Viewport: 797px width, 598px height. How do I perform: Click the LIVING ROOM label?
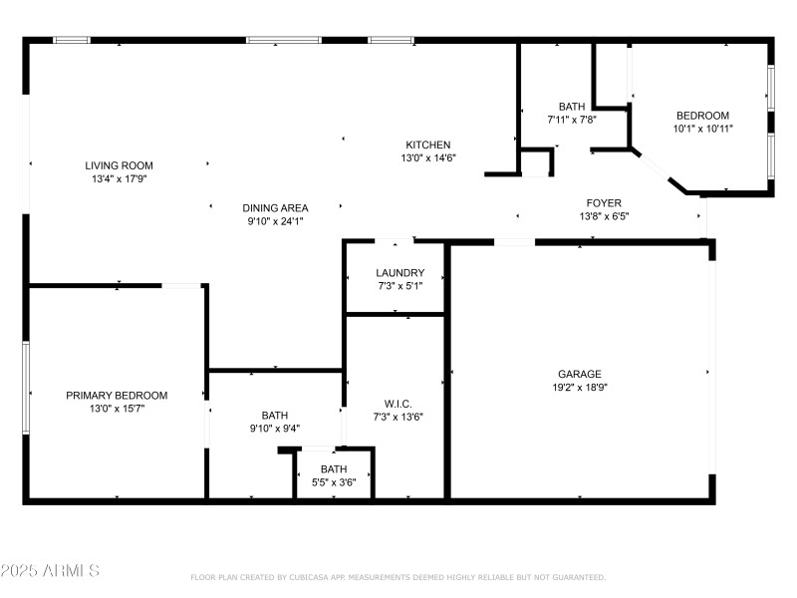[119, 165]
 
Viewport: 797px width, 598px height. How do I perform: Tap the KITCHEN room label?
[427, 145]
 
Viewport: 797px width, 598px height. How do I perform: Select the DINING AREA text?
[275, 208]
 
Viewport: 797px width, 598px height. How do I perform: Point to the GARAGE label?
[579, 374]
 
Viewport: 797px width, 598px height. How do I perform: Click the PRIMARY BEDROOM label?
[117, 395]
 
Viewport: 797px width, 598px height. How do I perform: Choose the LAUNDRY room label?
[399, 273]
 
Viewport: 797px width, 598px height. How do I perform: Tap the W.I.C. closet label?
[398, 404]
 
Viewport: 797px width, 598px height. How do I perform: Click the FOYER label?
[604, 203]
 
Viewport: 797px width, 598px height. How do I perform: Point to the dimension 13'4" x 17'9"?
[119, 178]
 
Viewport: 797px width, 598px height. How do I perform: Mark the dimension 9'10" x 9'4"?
[275, 429]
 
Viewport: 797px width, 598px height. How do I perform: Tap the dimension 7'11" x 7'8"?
[572, 119]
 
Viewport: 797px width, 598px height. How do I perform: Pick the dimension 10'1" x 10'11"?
[702, 128]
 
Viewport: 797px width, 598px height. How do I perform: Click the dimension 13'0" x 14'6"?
[427, 157]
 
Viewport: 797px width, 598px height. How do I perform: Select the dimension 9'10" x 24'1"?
[275, 221]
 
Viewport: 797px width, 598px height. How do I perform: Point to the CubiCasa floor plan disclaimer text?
[398, 577]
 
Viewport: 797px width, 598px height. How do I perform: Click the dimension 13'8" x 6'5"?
[604, 216]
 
